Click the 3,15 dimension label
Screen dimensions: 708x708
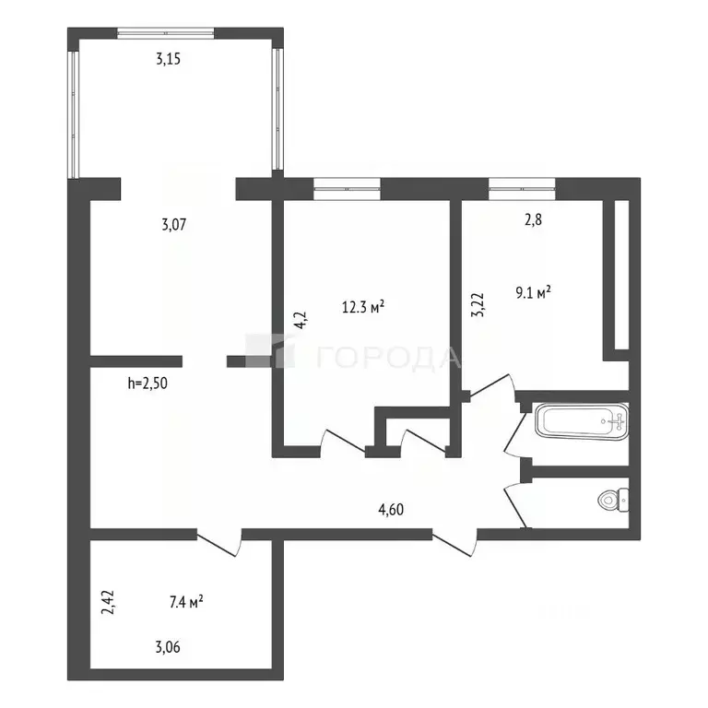(169, 59)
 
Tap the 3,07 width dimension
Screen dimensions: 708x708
(174, 224)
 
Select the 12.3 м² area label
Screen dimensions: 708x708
(363, 307)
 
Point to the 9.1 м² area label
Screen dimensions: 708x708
(533, 292)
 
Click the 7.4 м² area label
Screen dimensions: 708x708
(186, 602)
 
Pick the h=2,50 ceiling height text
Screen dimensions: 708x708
(147, 383)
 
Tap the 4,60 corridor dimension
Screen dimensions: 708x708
(391, 510)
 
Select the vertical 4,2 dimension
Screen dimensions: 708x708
(301, 320)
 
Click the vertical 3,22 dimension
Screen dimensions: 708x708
(478, 305)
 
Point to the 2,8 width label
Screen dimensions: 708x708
(533, 220)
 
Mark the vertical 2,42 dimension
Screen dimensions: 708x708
(109, 602)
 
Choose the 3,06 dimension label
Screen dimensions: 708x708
(168, 647)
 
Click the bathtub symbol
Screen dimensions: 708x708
(582, 421)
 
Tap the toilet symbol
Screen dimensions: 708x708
(613, 500)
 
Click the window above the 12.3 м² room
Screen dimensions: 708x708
(348, 189)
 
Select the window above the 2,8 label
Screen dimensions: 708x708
(522, 189)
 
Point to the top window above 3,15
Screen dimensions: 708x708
(166, 33)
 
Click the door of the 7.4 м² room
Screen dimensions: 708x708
(219, 542)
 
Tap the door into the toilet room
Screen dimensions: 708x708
(517, 505)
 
